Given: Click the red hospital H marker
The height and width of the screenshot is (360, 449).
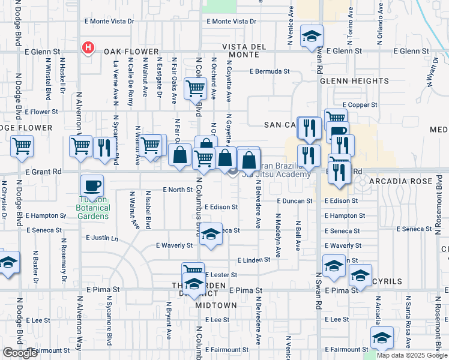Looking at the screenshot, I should point(88,47).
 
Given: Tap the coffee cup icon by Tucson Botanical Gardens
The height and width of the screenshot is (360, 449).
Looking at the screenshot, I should point(92,185).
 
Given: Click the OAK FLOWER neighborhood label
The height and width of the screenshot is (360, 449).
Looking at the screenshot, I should point(130,52).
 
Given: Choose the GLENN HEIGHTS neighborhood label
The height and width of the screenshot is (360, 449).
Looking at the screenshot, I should point(354,80).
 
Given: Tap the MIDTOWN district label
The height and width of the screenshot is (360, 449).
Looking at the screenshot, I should point(216,305).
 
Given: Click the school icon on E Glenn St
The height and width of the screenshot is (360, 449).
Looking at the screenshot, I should point(312,36).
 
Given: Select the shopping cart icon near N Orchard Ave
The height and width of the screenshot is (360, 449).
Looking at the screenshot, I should point(196,89).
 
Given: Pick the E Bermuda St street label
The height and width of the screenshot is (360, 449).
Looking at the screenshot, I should point(270,71).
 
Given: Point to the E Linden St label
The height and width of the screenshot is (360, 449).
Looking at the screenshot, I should point(255,260).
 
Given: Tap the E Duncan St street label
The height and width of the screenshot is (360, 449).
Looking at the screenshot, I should point(295,201).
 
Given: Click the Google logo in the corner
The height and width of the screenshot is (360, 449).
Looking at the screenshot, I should point(20,353).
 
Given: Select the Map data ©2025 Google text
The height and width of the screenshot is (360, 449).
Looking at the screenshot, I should point(411,355).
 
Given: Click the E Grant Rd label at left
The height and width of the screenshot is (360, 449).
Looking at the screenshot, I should point(44,171).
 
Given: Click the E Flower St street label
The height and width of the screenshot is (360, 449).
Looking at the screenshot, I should point(41,112).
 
